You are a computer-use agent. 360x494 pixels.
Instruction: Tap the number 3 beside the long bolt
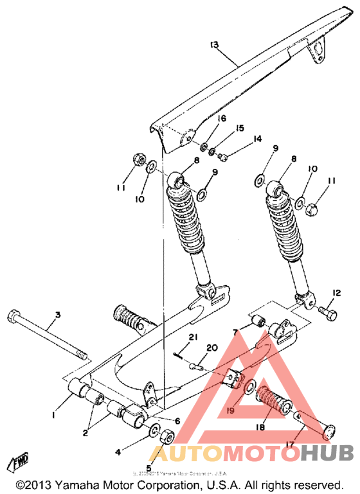[x=57, y=315]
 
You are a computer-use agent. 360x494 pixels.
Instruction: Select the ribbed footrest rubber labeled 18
[x=273, y=403]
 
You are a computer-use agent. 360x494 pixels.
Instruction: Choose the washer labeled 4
[x=154, y=429]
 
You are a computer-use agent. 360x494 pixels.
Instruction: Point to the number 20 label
[x=213, y=349]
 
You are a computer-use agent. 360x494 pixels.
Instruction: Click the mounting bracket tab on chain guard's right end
[x=318, y=51]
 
